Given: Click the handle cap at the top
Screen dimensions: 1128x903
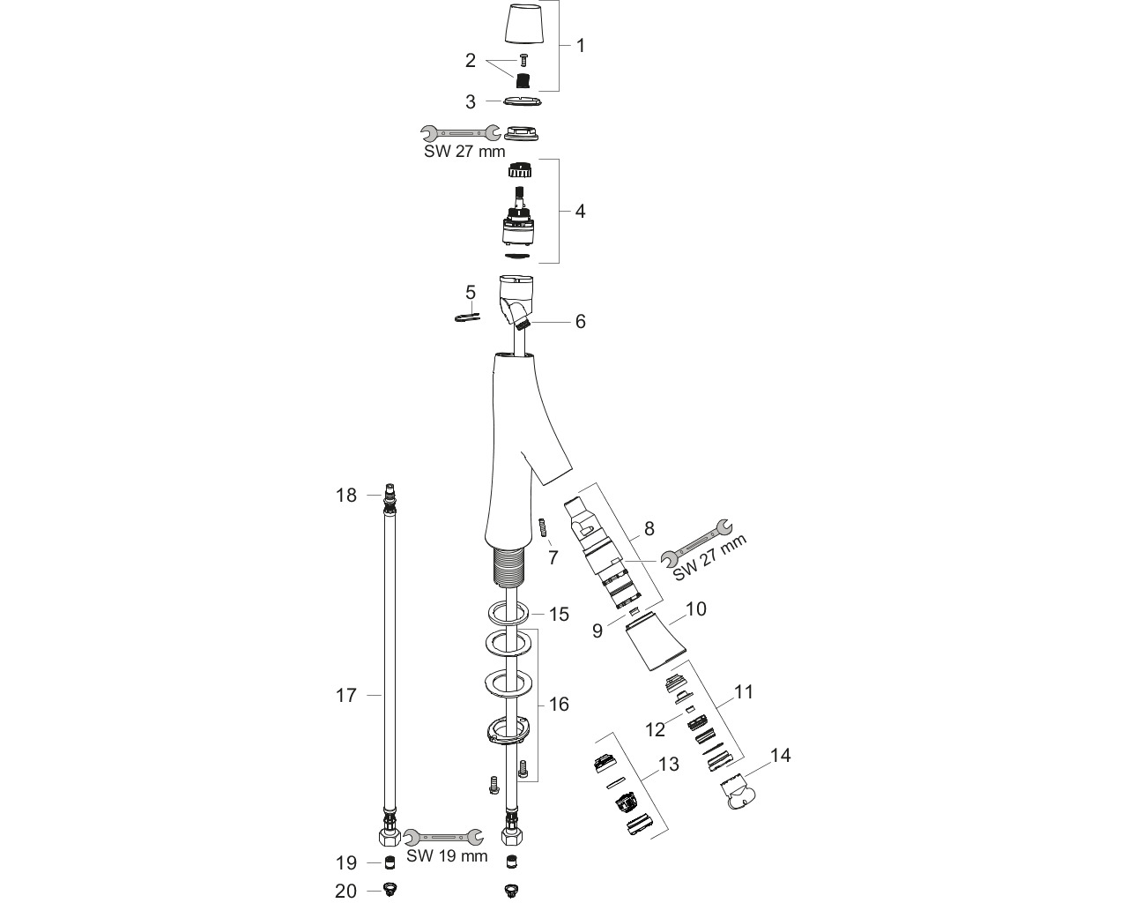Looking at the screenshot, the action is click(x=524, y=24).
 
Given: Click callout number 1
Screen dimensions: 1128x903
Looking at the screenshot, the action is click(x=580, y=46).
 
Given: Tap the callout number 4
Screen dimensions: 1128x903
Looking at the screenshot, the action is click(x=580, y=211).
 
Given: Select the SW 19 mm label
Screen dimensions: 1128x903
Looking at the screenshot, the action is click(x=447, y=855).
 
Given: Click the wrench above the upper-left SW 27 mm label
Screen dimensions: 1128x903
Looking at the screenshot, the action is click(x=461, y=133).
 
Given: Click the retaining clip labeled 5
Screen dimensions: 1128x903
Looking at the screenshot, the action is click(x=467, y=317).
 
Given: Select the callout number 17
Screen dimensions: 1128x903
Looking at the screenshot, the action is click(x=346, y=695).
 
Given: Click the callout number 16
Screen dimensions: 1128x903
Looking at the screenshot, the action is click(x=559, y=704).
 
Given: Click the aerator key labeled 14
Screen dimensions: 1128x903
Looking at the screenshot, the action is click(x=738, y=793).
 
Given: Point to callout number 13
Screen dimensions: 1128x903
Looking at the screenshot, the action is click(x=668, y=764).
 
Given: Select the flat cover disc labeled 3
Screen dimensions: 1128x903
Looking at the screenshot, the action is click(x=522, y=101).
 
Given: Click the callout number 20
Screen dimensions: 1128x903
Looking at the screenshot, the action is click(x=346, y=891).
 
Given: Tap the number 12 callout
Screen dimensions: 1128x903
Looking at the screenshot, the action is click(x=655, y=729).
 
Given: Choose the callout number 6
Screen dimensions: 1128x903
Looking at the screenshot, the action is click(x=580, y=321).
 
